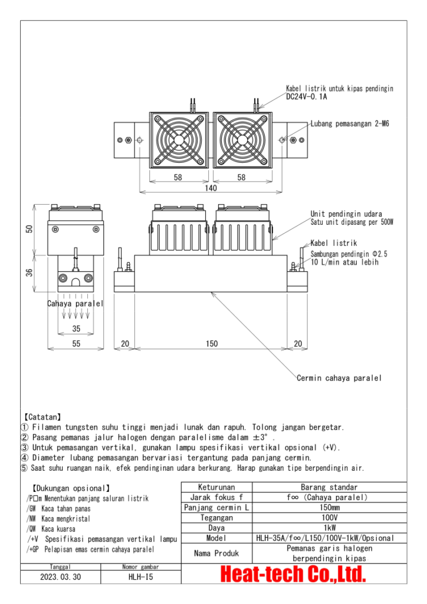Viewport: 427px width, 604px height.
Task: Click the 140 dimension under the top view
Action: pos(211,188)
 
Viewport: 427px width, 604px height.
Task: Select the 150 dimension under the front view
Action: pos(211,344)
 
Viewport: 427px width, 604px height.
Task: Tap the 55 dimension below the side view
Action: pos(75,344)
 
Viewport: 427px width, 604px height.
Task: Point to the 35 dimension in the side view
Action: pos(75,329)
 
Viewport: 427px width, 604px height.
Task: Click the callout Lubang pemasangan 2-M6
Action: pos(350,124)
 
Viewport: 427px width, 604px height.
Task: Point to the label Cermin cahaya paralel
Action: pos(339,378)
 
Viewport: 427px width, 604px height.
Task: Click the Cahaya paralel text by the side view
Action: pos(75,304)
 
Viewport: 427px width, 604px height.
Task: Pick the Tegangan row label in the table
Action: pos(216,517)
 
